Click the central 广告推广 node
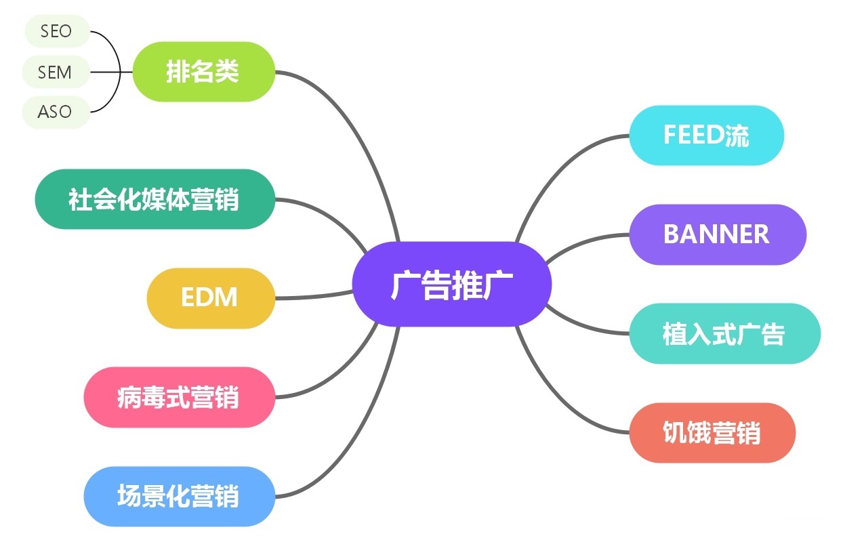[x=451, y=284]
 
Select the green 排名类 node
[x=203, y=71]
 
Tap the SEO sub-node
[x=57, y=31]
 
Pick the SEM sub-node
[x=56, y=72]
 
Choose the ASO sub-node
[x=56, y=112]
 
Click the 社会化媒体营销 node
[x=155, y=199]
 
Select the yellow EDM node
[x=211, y=298]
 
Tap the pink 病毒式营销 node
[x=179, y=397]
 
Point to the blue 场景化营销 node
[x=179, y=497]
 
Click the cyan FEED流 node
[x=706, y=135]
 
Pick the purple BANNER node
[x=718, y=234]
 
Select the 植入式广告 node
[x=725, y=333]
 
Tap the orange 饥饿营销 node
[x=712, y=432]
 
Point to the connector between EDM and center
[x=314, y=296]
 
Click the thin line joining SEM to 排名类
[x=111, y=72]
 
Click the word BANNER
[x=716, y=234]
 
